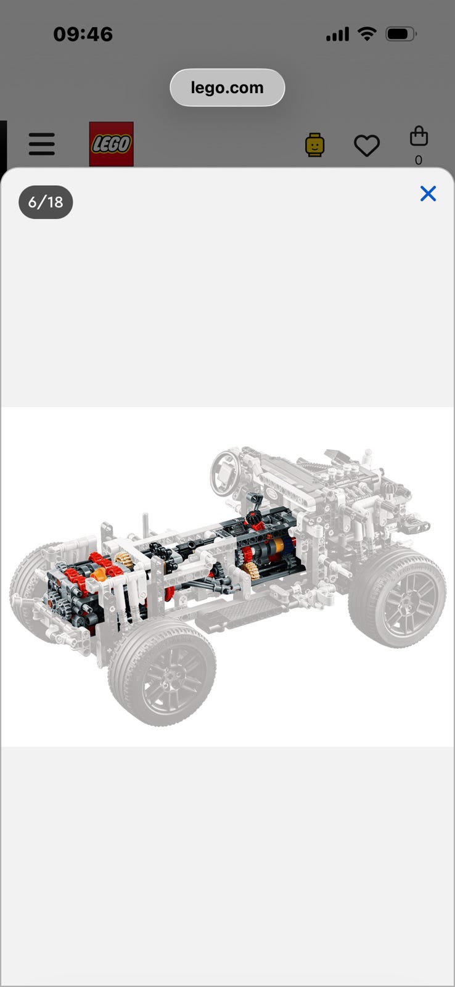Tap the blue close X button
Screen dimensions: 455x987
click(x=428, y=194)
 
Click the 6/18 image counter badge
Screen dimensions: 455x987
click(x=46, y=202)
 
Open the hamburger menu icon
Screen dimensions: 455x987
click(x=42, y=144)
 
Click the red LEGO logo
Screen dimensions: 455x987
click(x=112, y=144)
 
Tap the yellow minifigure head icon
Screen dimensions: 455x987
click(x=314, y=145)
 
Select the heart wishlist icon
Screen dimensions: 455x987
click(x=367, y=146)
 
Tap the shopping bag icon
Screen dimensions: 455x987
click(x=419, y=136)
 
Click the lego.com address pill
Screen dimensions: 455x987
click(x=227, y=88)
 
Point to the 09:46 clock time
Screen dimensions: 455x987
click(x=83, y=35)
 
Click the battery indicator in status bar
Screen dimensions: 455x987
click(x=401, y=34)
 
